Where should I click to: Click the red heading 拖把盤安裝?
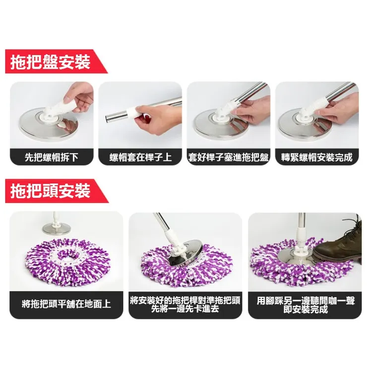(50, 62)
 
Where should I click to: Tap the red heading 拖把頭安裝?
(50, 191)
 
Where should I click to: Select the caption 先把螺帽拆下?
(52, 157)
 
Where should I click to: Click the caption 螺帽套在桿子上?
(140, 157)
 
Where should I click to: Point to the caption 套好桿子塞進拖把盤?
(229, 157)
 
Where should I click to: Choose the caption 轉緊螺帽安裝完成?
(317, 157)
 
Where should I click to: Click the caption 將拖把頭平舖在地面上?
(66, 304)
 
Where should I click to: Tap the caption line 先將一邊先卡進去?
(185, 309)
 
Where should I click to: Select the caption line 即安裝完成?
(306, 309)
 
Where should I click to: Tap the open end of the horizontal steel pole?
(109, 118)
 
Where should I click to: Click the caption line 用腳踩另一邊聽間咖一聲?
(306, 301)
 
